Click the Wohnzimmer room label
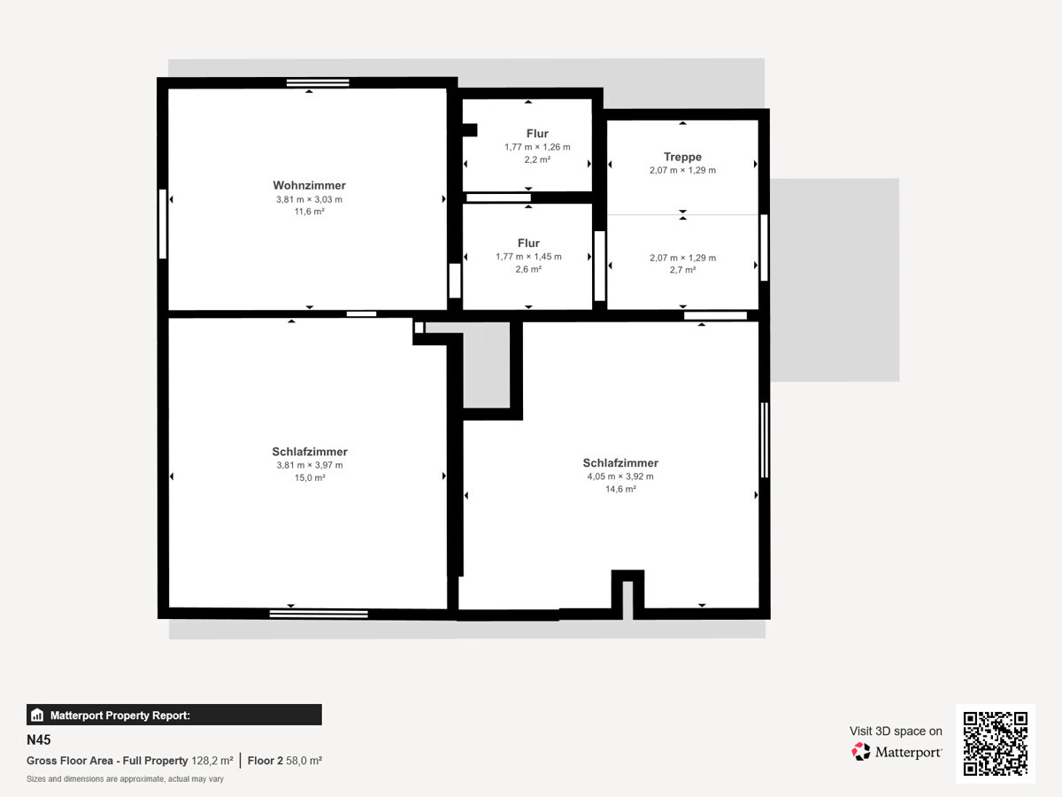pyautogui.click(x=309, y=185)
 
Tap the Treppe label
pyautogui.click(x=682, y=157)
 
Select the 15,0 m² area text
pyautogui.click(x=310, y=477)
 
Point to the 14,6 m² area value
pyautogui.click(x=620, y=489)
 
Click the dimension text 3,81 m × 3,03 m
pyautogui.click(x=309, y=199)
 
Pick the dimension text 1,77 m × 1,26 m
pyautogui.click(x=537, y=147)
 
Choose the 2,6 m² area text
pyautogui.click(x=528, y=269)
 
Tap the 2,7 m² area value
pyautogui.click(x=682, y=269)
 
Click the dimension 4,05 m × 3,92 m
pyautogui.click(x=620, y=476)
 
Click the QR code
pyautogui.click(x=996, y=743)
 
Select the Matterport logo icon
pyautogui.click(x=861, y=752)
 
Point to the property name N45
pyautogui.click(x=39, y=740)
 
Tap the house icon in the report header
pyautogui.click(x=37, y=715)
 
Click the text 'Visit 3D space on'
pyautogui.click(x=896, y=731)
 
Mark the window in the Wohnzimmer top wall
pyautogui.click(x=318, y=82)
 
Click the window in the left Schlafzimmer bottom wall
pyautogui.click(x=319, y=614)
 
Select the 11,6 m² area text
pyautogui.click(x=309, y=212)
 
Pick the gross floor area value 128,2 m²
pyautogui.click(x=212, y=761)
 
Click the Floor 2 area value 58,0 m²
pyautogui.click(x=304, y=761)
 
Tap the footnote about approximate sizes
pyautogui.click(x=125, y=779)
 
